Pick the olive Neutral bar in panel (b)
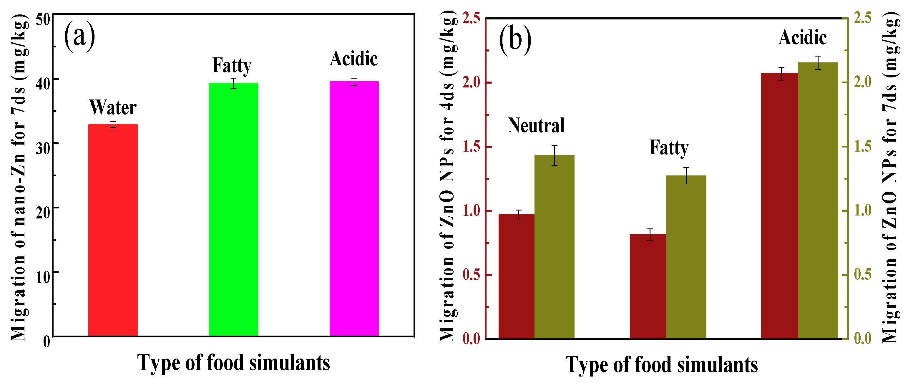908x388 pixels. (555, 247)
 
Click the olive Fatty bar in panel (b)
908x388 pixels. (686, 257)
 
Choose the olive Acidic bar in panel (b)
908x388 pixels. (818, 200)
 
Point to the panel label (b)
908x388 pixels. (515, 39)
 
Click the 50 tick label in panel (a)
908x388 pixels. (43, 19)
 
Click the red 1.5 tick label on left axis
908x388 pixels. (471, 147)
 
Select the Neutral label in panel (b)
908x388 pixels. (536, 125)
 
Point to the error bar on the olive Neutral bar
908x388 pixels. (555, 155)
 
